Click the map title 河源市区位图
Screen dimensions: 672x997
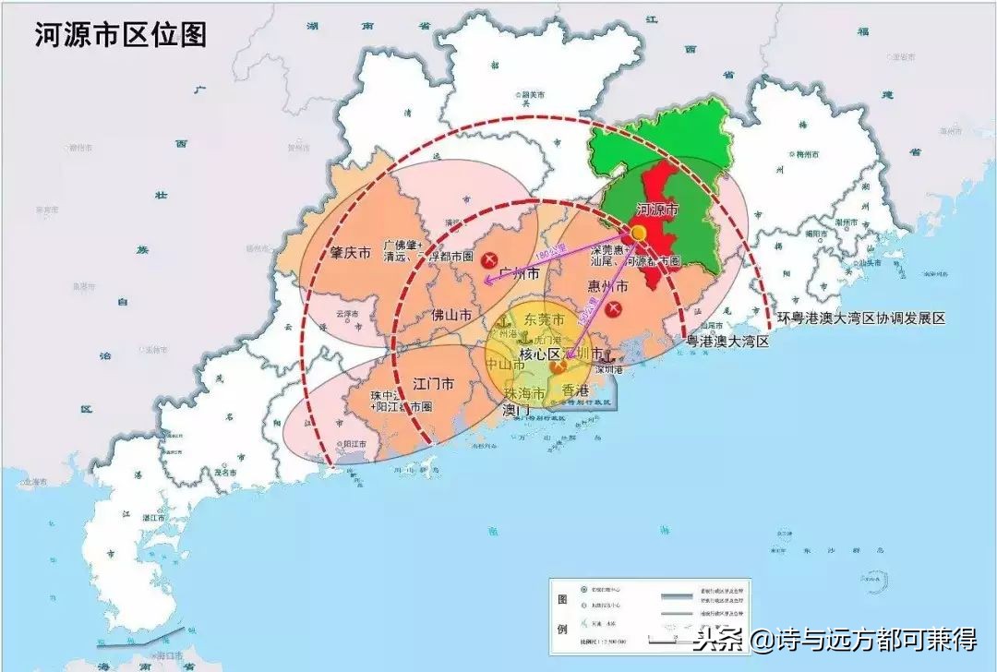coord(121,35)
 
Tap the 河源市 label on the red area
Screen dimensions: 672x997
coord(658,210)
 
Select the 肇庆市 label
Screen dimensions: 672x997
coord(351,253)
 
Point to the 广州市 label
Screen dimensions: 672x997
coord(518,273)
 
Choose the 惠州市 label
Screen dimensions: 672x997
coord(608,287)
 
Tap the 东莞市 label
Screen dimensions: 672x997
coord(544,319)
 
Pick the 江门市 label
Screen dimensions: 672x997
coord(432,383)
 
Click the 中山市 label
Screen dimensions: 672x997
coord(506,365)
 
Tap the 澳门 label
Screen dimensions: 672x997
coord(516,409)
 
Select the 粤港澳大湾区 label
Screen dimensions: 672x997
coord(727,342)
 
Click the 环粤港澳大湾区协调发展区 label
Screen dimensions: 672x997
coord(860,318)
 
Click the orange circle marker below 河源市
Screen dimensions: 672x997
coord(638,234)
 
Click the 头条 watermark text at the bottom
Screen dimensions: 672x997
coord(720,639)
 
